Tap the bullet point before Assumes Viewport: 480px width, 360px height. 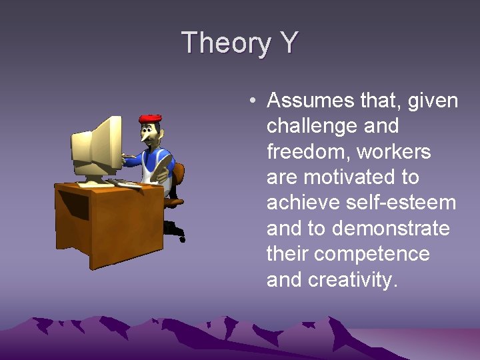[x=252, y=101]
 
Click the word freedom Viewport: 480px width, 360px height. [x=307, y=152]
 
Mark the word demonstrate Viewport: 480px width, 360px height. [x=391, y=229]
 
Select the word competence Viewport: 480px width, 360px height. [x=372, y=254]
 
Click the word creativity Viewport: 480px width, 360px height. [x=353, y=279]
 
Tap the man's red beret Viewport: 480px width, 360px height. [x=150, y=119]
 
